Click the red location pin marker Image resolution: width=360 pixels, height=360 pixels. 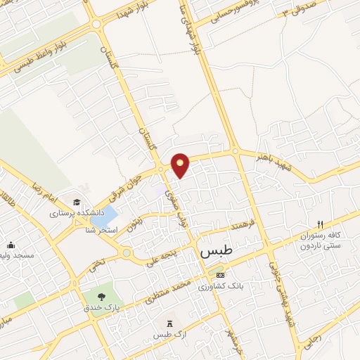181,165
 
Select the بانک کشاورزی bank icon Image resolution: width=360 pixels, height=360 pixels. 221,275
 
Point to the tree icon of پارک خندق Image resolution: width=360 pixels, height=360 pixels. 104,296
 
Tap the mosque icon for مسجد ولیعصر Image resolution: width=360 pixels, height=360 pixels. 11,245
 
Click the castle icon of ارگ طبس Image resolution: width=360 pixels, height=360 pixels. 168,323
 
